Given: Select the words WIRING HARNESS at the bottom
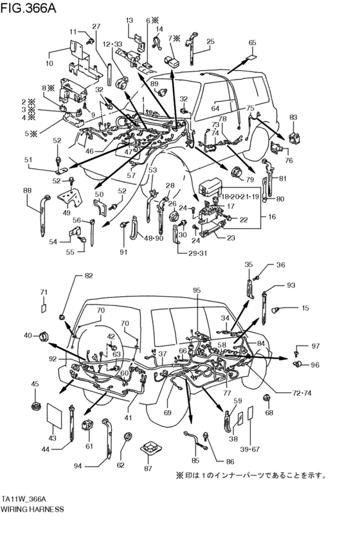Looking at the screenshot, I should pos(32,508).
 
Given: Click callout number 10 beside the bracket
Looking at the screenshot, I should pos(49,64).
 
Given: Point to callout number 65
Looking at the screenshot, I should pos(252,42).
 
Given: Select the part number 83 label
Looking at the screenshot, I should pos(293,118).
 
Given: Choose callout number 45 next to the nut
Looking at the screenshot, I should pos(35,384).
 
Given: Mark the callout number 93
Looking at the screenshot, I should pos(291,285).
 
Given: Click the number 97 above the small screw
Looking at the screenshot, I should pos(315,346).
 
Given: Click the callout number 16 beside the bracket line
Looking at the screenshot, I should pos(271,218).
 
